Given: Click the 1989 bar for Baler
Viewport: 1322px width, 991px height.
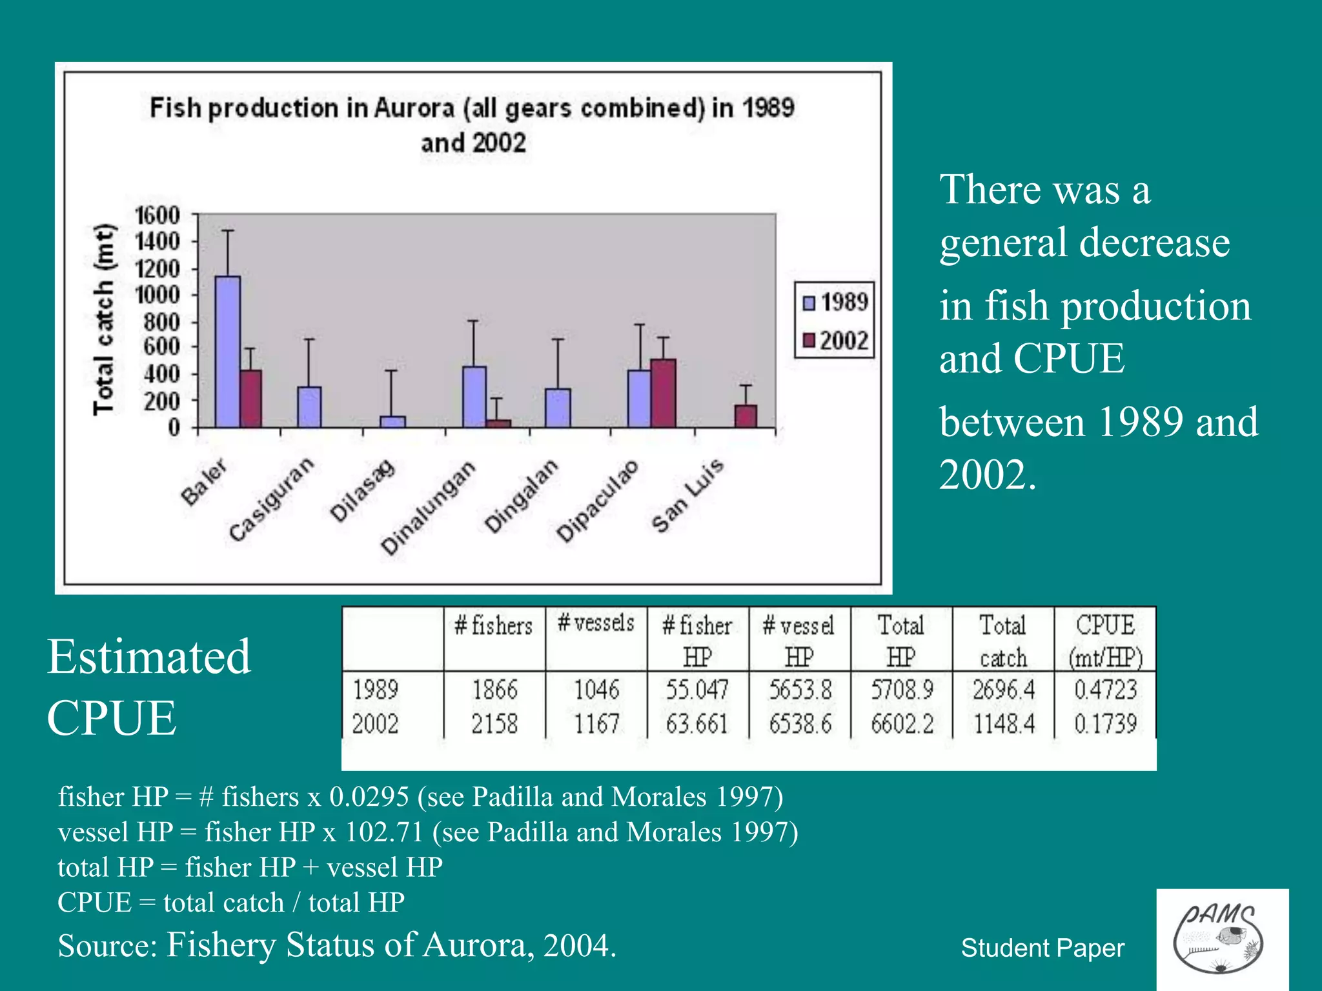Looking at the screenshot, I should pos(228,352).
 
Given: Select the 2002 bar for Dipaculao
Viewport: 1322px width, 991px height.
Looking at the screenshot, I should pos(663,393).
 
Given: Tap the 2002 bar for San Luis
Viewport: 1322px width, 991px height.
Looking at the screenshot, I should pos(746,416).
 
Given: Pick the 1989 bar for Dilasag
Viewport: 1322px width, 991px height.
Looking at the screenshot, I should pos(392,421).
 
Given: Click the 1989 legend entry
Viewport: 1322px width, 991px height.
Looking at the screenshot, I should pos(835,302).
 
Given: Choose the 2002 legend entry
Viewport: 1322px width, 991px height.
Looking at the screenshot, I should pos(835,340).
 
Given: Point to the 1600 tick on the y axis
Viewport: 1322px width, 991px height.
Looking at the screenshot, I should pos(157,215).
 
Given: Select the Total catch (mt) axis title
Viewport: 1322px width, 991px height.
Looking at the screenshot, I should pos(103,319).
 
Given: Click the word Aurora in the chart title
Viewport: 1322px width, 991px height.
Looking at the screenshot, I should pos(414,108).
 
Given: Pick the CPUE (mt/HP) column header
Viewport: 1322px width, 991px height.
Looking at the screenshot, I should pos(1105,641).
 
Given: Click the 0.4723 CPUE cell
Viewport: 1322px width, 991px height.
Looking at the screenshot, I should pos(1105,690).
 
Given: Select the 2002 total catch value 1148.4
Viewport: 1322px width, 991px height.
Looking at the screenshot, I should pos(1004,724).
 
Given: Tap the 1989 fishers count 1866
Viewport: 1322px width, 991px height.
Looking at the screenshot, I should pos(494,690).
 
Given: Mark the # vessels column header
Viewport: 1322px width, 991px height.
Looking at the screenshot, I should pos(596,623).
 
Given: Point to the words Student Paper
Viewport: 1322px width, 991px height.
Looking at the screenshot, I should pos(1042,948).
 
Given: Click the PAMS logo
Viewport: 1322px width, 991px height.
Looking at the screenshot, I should pos(1221,939).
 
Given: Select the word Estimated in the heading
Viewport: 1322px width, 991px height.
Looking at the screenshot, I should pos(148,656).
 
